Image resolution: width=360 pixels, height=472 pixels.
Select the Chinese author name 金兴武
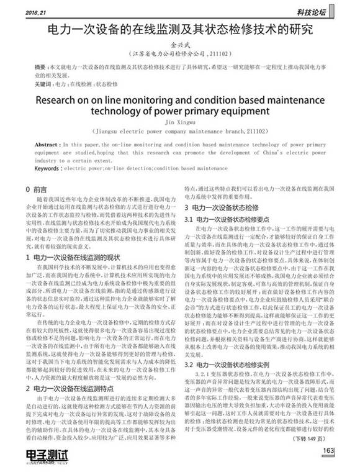180,45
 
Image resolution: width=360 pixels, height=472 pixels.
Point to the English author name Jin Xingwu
180,122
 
